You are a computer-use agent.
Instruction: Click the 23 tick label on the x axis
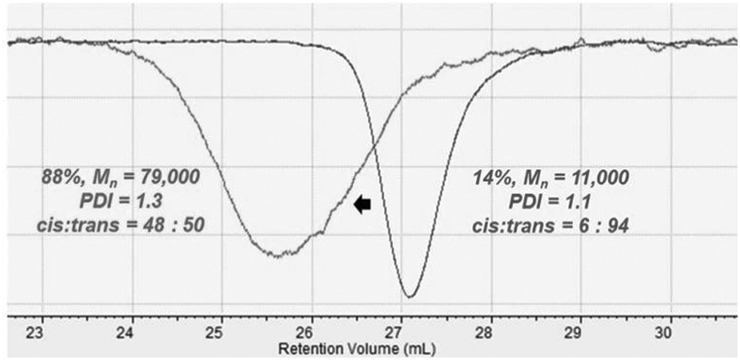[41, 333]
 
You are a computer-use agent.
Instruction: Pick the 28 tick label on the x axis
[489, 333]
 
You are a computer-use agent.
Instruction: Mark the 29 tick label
[579, 333]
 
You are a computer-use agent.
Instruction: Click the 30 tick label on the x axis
[667, 333]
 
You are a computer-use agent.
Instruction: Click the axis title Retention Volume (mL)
[356, 349]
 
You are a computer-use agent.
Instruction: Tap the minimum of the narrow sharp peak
[409, 296]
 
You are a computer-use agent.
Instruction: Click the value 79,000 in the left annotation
[167, 178]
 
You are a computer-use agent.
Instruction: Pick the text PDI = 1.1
[551, 202]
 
